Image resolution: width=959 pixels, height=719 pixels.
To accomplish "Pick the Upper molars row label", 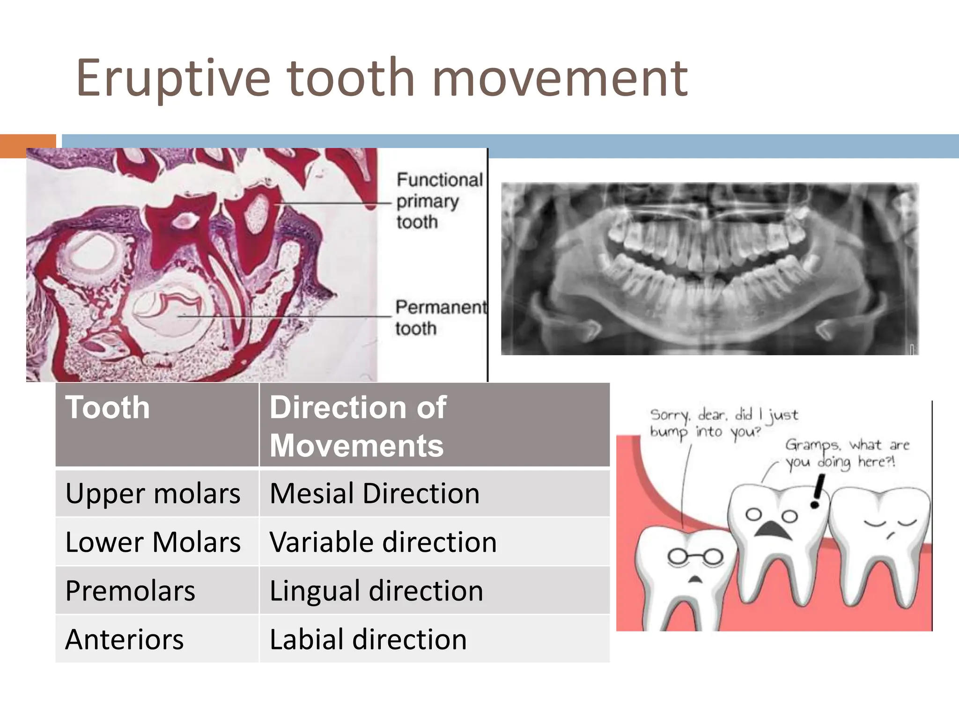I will [153, 493].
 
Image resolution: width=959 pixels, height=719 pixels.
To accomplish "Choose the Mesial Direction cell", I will [375, 493].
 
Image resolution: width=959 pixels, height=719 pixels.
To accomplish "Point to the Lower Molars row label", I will [153, 542].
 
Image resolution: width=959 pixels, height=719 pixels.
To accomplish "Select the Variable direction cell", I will [383, 542].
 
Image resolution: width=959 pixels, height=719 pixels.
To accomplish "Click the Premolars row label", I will [130, 591].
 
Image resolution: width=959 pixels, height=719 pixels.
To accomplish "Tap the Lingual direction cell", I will [376, 591].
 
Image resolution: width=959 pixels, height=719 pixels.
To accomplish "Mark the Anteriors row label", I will [125, 639].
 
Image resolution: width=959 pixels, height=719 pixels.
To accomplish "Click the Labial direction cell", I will [368, 639].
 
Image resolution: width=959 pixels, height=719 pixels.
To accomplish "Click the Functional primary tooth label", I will [438, 200].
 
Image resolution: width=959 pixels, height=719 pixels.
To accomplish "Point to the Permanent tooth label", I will [440, 317].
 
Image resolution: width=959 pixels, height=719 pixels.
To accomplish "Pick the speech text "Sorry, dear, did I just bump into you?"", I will [723, 423].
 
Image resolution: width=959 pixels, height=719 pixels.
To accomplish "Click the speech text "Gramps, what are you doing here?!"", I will [847, 453].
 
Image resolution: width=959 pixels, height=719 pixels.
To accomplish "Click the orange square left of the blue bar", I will [28, 146].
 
